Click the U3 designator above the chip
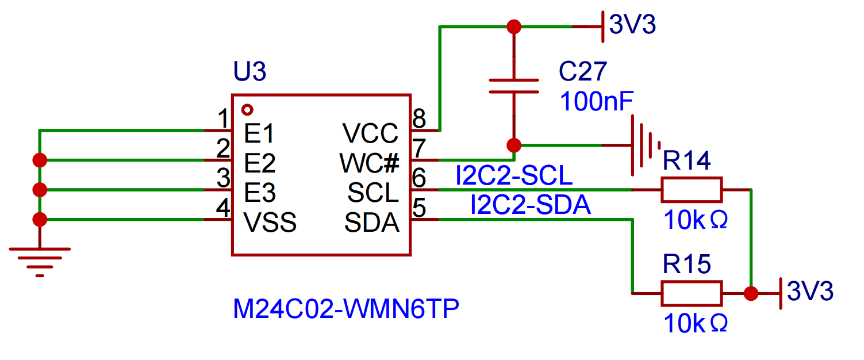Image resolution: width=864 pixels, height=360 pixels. (249, 73)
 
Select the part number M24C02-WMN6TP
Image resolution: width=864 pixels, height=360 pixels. (346, 310)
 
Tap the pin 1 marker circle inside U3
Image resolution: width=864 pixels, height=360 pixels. (248, 109)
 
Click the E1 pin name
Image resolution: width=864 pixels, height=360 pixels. (259, 134)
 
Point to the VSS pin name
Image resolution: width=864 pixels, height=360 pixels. (270, 223)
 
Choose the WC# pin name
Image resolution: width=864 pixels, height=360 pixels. (370, 164)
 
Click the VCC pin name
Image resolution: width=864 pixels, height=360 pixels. (371, 134)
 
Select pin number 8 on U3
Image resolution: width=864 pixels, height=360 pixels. (419, 120)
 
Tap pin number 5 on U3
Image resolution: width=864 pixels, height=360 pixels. (419, 208)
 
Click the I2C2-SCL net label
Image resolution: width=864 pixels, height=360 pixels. (514, 177)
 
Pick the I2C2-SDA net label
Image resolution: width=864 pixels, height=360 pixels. (530, 206)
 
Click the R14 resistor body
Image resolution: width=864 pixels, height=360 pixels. (691, 189)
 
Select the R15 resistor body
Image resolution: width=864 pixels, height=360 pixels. (691, 293)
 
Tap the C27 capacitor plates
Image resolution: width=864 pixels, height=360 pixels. (513, 86)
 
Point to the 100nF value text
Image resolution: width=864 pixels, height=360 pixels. (597, 102)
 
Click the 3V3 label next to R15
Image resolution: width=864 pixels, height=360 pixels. (810, 292)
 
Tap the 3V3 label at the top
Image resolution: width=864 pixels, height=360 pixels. (632, 25)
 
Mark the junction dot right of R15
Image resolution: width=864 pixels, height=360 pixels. (750, 293)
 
